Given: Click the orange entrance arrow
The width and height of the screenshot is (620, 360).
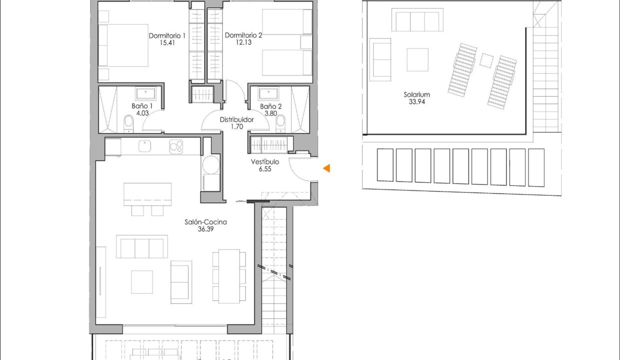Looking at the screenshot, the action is (326, 168).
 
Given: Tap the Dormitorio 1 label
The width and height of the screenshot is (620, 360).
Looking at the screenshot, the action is (167, 35).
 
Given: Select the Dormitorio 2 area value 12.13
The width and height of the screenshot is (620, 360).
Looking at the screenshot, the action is (243, 42).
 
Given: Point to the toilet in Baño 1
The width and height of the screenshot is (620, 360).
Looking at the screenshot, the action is (128, 124).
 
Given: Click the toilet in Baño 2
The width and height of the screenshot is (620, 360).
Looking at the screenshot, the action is (280, 124).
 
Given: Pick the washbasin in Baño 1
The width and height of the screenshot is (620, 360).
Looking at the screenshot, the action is (146, 94).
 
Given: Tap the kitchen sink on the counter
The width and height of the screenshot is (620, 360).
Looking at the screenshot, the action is (145, 146).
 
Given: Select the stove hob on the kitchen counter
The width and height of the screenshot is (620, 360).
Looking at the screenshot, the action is (176, 146).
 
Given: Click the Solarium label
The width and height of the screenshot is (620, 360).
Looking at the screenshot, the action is (417, 94).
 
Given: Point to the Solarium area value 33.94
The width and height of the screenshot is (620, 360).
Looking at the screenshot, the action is (417, 101).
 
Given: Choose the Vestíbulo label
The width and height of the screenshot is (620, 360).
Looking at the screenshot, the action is (265, 162).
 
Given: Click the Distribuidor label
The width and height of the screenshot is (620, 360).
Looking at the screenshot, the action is (236, 119).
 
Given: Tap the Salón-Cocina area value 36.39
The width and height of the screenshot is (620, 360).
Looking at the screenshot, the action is (205, 229).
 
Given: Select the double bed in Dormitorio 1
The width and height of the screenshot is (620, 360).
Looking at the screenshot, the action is (123, 45).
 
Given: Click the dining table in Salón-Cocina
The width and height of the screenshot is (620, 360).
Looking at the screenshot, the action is (229, 276).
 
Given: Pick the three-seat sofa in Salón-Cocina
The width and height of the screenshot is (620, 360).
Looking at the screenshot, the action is (142, 246).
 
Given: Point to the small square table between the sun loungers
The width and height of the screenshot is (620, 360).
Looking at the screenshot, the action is (486, 60).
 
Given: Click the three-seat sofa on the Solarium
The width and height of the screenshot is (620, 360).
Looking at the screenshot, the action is (417, 19).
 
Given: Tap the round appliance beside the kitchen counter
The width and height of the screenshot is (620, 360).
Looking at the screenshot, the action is (211, 165).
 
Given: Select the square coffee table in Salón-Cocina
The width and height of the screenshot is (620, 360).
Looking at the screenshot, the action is (142, 282).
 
